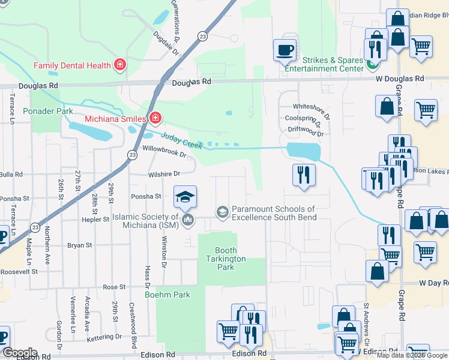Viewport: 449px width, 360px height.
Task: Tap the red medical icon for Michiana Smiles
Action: [x=155, y=118]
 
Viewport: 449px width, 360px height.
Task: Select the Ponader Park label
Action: [x=47, y=111]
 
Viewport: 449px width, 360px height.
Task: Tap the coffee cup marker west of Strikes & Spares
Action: [x=285, y=50]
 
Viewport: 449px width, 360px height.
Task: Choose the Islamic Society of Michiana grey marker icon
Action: [x=188, y=220]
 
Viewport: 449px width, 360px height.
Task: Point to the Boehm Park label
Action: [x=167, y=295]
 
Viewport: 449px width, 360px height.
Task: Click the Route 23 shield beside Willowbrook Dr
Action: [x=131, y=155]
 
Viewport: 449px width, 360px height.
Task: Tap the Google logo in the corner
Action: [x=19, y=353]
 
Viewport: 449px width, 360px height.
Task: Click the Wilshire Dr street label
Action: [x=164, y=174]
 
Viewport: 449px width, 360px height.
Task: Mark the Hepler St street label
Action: [x=96, y=220]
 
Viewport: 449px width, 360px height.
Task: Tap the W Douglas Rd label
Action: [x=400, y=79]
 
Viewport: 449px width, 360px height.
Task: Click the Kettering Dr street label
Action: [x=103, y=338]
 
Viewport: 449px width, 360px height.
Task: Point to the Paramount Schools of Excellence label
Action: [x=273, y=212]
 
